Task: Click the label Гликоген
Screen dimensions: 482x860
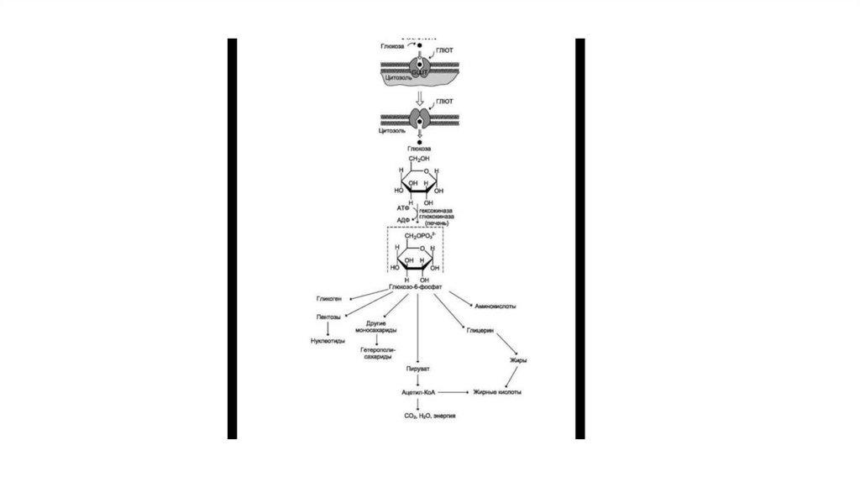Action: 328,298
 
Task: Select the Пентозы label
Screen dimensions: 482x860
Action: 328,317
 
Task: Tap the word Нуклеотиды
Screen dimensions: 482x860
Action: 328,341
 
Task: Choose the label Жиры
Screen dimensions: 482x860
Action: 518,360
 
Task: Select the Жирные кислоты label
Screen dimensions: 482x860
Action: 498,392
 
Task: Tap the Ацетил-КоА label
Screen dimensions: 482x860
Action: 417,392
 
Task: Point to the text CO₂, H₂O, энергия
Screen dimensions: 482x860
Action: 417,416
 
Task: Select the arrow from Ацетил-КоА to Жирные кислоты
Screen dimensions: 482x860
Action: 454,392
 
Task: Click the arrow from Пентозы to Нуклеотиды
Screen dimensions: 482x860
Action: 328,329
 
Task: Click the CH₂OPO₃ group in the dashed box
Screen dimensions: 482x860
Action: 417,236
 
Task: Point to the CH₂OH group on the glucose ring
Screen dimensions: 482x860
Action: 418,159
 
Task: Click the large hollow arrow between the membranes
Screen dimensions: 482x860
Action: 417,97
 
